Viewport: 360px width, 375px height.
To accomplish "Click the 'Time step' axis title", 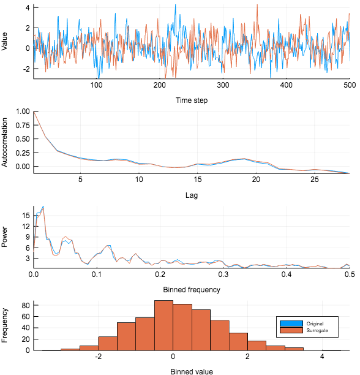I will click(x=191, y=100).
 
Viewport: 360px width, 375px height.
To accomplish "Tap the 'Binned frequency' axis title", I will click(x=191, y=289).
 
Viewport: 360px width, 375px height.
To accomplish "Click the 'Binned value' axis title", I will click(x=191, y=370).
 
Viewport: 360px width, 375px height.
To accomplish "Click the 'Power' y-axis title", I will click(x=6, y=237).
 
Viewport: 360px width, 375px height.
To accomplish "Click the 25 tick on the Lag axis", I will click(x=315, y=180).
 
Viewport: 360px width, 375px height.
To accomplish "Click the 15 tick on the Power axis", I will click(x=26, y=215).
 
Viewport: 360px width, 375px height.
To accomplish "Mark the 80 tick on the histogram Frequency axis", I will click(x=26, y=305).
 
